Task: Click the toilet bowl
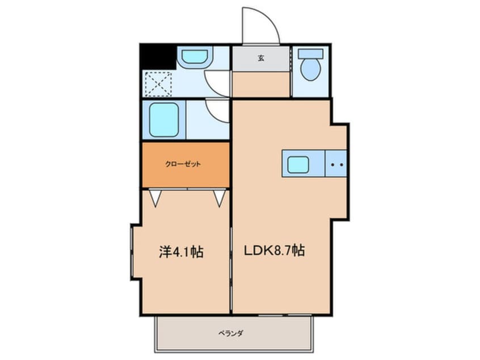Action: [x=311, y=69]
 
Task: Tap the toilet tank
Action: [x=311, y=54]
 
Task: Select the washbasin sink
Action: [x=195, y=57]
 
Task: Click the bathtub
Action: [x=164, y=119]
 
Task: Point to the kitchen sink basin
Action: [x=298, y=165]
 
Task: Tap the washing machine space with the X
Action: [x=158, y=84]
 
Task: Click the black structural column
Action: [x=158, y=57]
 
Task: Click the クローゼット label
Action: [x=183, y=164]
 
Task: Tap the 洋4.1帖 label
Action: [x=181, y=252]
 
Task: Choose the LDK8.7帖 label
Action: [x=274, y=250]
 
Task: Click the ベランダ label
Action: [x=231, y=333]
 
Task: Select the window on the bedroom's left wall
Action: [x=132, y=252]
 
